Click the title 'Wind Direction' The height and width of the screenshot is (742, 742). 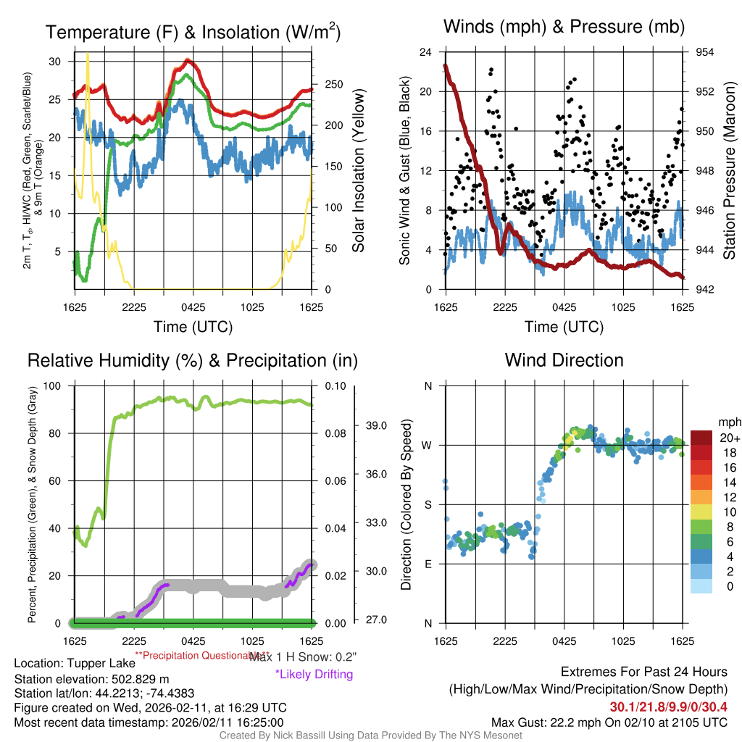pos(564,360)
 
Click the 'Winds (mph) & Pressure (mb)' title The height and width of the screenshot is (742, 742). pos(564,28)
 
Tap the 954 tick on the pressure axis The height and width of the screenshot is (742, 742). pos(705,52)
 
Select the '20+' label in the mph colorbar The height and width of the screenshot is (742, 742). pos(729,438)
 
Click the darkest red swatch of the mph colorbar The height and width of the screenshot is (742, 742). pos(702,438)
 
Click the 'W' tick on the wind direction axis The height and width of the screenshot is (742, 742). pos(428,445)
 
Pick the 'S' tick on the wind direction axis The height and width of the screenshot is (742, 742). pos(428,504)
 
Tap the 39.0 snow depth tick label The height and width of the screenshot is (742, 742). pos(378,425)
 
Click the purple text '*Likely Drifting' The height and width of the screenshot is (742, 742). pos(314,674)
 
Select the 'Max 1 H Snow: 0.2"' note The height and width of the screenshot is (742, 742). pos(303,656)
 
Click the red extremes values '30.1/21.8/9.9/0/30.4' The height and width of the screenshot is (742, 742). pos(668,706)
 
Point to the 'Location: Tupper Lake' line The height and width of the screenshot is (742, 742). pos(75,664)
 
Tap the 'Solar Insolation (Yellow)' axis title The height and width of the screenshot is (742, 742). pos(359,171)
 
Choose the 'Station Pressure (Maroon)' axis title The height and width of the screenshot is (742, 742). pos(730,171)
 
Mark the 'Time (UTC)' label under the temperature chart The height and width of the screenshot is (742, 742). pos(193,327)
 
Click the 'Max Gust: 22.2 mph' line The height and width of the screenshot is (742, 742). pos(609,722)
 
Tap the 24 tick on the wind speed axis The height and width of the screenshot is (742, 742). pos(426,52)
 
